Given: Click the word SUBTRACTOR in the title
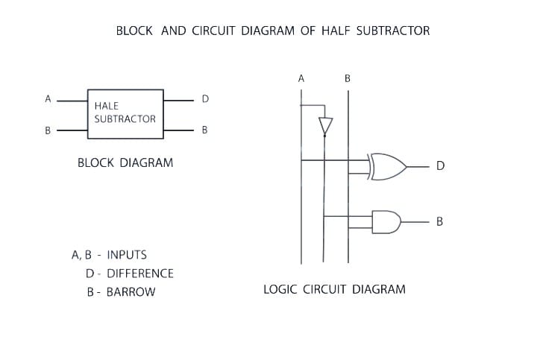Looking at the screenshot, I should coord(393,31).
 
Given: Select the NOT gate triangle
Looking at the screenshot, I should coord(325,125).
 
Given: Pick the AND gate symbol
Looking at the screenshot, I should coord(386,221).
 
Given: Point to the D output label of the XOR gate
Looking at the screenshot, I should coord(440,166).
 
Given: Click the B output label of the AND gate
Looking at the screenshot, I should coord(440,221).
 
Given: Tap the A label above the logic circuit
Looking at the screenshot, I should coord(301,78).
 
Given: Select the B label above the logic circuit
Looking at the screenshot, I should coord(348,78).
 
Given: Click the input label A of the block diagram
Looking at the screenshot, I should coord(48,98).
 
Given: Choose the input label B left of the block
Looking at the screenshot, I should coord(48,130).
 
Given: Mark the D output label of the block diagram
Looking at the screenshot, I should coord(205,98).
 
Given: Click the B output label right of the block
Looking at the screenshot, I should coord(205,130).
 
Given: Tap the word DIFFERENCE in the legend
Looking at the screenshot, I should coord(140,274).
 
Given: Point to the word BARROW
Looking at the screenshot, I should coord(131,292).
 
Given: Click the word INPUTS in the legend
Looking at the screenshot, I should coord(127,255).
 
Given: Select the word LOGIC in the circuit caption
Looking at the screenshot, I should coord(280,289).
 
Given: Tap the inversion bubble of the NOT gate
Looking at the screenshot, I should coord(325,136).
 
